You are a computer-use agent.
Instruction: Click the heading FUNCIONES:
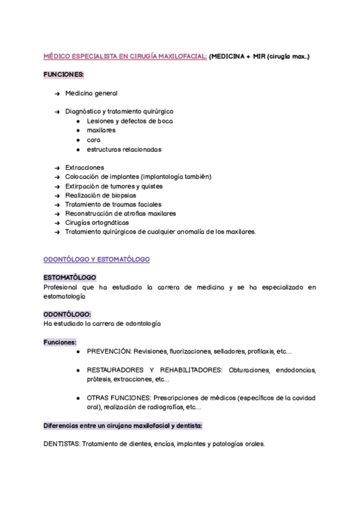[x=64, y=74]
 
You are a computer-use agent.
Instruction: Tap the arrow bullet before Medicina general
[x=57, y=94]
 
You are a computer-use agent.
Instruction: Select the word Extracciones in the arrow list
[x=85, y=167]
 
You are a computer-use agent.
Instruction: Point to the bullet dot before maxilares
[x=78, y=130]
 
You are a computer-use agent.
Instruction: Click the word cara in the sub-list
[x=94, y=140]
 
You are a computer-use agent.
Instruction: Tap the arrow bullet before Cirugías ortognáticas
[x=57, y=223]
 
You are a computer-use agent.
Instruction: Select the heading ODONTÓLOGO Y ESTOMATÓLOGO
[x=97, y=259]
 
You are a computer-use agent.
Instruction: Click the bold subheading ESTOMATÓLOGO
[x=70, y=278]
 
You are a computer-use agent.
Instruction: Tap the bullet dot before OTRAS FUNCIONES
[x=78, y=398]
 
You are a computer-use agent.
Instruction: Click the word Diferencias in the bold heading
[x=62, y=426]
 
